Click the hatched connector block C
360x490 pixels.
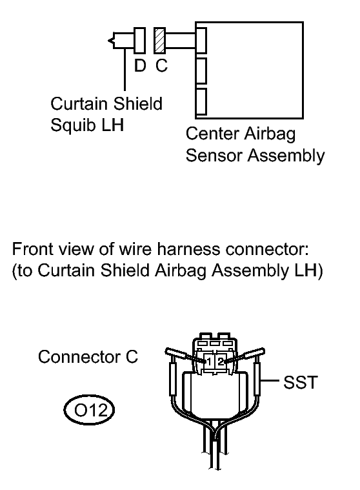point(159,40)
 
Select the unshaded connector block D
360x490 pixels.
point(140,40)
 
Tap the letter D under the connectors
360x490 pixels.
point(140,66)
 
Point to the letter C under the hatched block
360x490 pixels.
point(162,66)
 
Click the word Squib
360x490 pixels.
point(73,125)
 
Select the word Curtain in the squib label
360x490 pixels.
point(79,104)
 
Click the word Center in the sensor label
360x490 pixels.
point(212,134)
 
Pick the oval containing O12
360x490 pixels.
point(89,410)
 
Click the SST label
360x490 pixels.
point(301,382)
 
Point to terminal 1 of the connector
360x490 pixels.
point(209,362)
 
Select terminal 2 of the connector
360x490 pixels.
point(221,362)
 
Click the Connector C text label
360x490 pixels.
point(88,357)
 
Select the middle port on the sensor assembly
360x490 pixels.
point(201,70)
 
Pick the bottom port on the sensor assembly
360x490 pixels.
point(201,101)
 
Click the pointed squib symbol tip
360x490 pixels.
point(108,41)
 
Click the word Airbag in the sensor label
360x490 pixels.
point(270,134)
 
